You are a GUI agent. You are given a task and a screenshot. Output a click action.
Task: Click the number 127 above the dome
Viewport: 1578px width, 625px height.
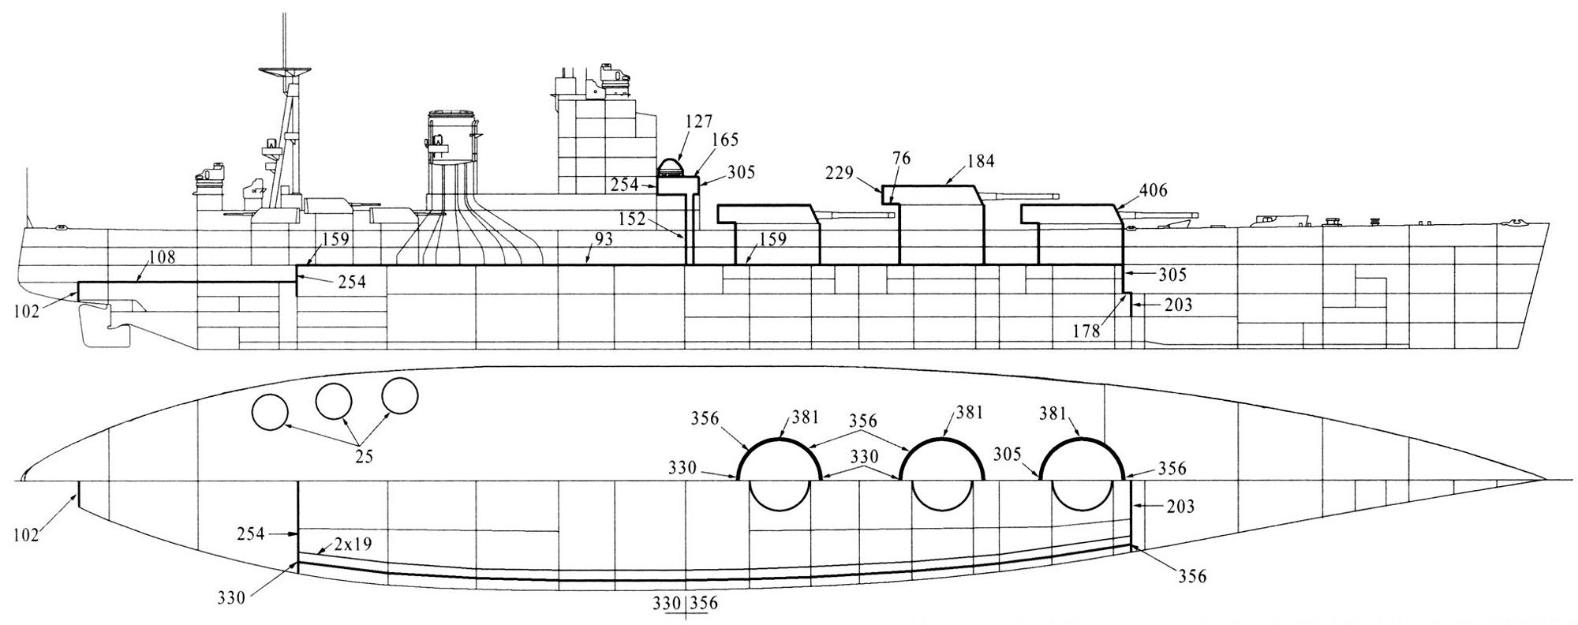pyautogui.click(x=699, y=121)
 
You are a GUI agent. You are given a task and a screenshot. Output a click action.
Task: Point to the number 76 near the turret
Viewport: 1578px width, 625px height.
pyautogui.click(x=902, y=159)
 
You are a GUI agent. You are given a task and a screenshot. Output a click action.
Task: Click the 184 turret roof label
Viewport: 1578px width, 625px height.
pyautogui.click(x=981, y=162)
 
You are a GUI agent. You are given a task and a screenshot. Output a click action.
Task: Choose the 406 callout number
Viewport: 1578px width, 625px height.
pyautogui.click(x=1153, y=190)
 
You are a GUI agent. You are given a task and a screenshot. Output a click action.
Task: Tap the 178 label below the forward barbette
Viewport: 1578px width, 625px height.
pyautogui.click(x=1086, y=332)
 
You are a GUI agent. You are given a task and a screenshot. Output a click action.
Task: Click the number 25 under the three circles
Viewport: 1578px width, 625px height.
pyautogui.click(x=364, y=456)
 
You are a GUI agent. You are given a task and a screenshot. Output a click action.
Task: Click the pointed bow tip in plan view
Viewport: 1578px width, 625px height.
pyautogui.click(x=1545, y=480)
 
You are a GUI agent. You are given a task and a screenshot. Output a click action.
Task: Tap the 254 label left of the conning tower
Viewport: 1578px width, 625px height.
pyautogui.click(x=625, y=185)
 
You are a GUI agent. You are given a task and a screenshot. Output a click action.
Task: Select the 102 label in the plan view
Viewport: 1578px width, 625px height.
pyautogui.click(x=26, y=535)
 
